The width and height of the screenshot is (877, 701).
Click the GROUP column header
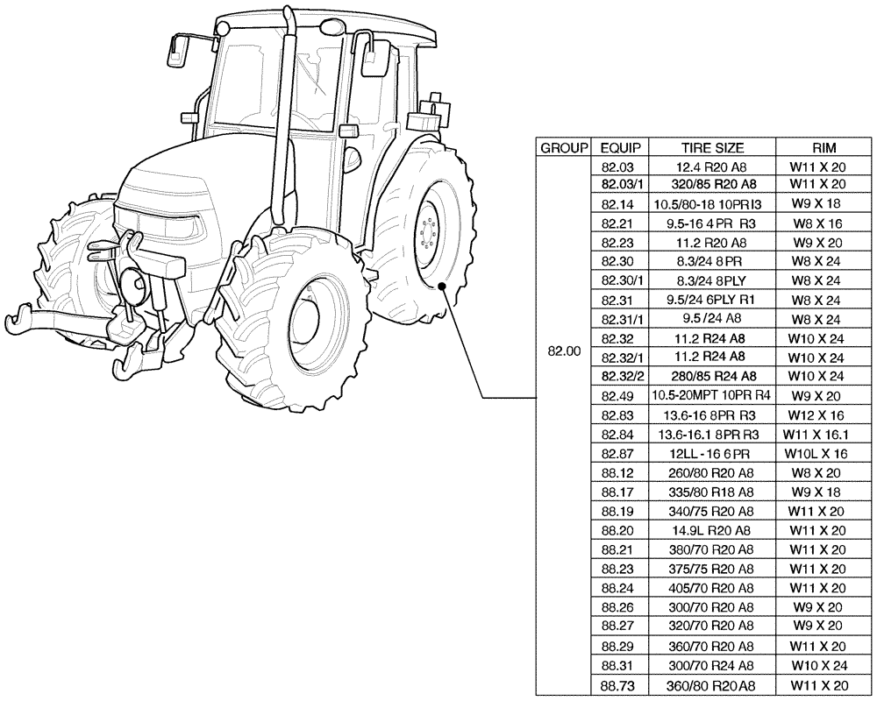[564, 147]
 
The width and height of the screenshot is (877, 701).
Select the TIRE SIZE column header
[712, 147]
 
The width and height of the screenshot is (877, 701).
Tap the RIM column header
[817, 147]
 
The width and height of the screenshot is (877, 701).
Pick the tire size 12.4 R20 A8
[712, 166]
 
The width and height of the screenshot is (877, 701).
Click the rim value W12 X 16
[817, 414]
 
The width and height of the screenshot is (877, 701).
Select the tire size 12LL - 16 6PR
[712, 453]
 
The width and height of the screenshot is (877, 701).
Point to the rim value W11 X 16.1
[817, 434]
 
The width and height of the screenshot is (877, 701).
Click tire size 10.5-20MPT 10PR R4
[712, 395]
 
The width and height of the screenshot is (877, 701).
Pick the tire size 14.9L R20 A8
[712, 530]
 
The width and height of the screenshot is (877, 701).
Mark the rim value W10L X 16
[817, 453]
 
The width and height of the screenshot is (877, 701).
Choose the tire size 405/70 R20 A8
[712, 588]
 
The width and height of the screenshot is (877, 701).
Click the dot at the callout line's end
[446, 287]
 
